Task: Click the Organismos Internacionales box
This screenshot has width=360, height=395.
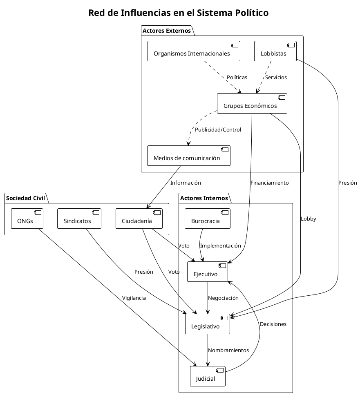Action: pos(193,51)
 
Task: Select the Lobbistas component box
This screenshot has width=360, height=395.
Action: pos(275,51)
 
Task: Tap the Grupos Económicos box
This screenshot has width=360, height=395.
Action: pos(252,103)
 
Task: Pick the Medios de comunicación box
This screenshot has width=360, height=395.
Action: pos(189,156)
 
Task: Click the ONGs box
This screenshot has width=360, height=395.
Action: pos(27,219)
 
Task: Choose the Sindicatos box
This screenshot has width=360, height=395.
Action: pos(79,219)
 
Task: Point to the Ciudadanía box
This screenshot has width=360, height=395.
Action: pos(139,219)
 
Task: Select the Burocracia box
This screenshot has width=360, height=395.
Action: pos(208,219)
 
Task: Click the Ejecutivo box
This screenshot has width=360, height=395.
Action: pos(208,272)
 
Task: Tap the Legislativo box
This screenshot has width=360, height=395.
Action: pos(208,324)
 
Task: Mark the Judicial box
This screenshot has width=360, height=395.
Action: pos(208,376)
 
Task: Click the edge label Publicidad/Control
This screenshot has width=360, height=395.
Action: pos(218,130)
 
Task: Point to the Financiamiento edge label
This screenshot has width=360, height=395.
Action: pos(269,183)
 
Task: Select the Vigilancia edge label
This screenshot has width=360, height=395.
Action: pos(134,298)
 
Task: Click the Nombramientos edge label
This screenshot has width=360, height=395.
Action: pos(228,350)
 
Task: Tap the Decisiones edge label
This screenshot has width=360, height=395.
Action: pos(273,324)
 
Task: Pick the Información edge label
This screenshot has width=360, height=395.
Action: pos(186,183)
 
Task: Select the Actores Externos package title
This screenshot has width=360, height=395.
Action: pos(166,31)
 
